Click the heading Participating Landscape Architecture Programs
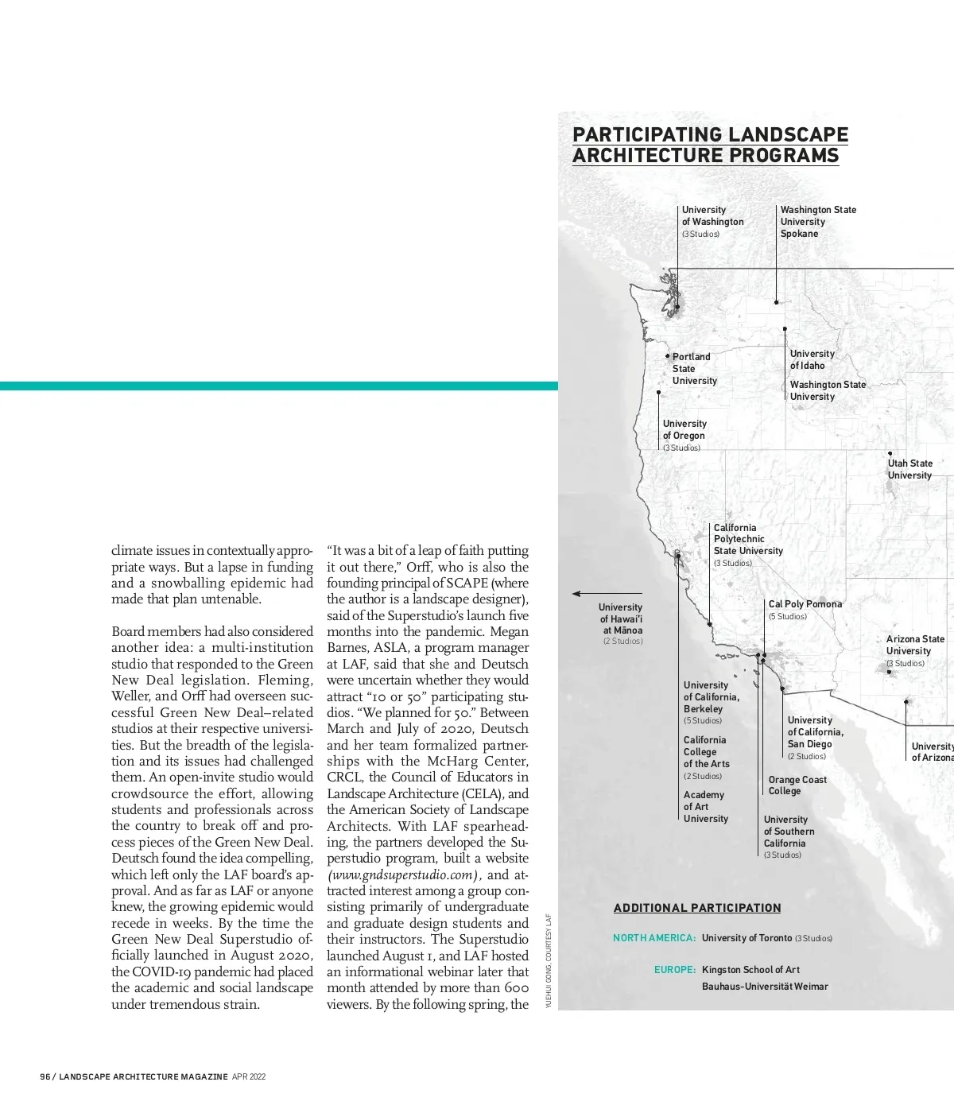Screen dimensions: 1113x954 [x=710, y=145]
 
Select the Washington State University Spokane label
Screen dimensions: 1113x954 [x=818, y=222]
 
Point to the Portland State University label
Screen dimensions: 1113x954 [x=694, y=369]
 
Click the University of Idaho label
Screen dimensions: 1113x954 [x=812, y=359]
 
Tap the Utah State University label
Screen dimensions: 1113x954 [x=909, y=469]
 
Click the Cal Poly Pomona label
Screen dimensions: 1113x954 [x=805, y=604]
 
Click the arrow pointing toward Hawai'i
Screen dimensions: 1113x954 [x=586, y=594]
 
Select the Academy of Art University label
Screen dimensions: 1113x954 [x=705, y=807]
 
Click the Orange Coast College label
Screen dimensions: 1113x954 [x=797, y=785]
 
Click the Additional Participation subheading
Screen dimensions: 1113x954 [x=697, y=908]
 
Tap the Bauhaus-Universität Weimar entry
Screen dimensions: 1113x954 [x=765, y=987]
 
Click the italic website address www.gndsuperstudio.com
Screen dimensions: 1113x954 [x=403, y=875]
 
